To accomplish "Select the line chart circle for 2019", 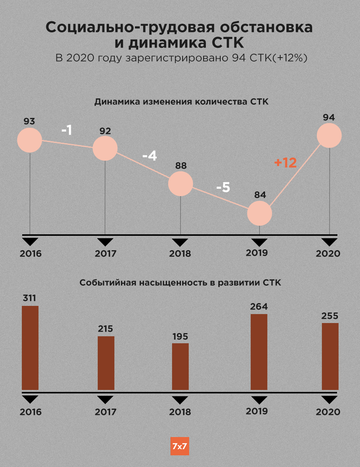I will point(260,213).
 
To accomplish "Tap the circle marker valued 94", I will point(329,135).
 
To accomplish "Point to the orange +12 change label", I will point(285,163).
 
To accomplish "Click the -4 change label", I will point(149,156).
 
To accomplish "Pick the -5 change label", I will point(223,188).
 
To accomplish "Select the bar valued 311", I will point(30,348).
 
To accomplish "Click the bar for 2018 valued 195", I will point(181,366).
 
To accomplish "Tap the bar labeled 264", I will point(259,352).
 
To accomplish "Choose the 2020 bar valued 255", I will point(330,356).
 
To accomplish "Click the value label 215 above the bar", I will point(105,329).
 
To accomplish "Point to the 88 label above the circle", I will point(181,166).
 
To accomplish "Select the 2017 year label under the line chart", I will point(105,254).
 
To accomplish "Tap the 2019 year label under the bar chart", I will point(257,411).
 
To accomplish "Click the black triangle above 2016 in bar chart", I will point(30,399).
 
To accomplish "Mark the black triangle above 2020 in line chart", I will point(330,242).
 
